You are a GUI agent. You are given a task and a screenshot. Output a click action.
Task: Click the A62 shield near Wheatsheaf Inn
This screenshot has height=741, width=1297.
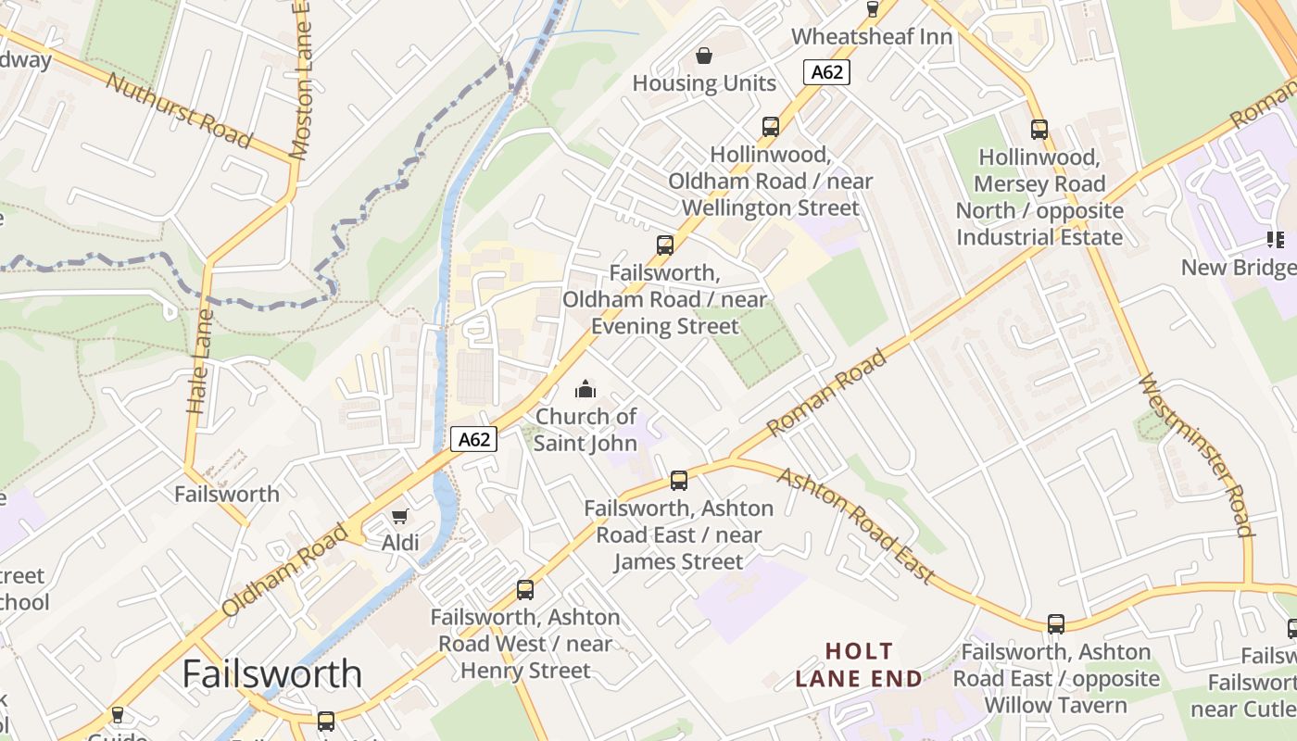point(826,72)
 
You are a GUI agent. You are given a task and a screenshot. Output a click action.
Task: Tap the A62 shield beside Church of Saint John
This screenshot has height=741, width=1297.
point(474,439)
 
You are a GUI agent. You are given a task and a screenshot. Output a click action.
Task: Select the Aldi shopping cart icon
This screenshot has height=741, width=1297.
point(400,516)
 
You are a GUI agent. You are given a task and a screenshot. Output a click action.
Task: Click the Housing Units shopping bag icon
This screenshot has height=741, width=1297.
point(704,56)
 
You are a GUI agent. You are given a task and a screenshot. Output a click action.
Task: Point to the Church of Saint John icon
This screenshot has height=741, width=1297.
point(586,389)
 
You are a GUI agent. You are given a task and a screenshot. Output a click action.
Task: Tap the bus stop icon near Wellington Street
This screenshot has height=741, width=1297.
point(771,127)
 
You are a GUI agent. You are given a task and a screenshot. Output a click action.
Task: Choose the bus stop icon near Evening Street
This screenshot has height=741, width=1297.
point(665,245)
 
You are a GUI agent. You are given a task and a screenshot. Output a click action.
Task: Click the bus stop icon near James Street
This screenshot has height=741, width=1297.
point(679,481)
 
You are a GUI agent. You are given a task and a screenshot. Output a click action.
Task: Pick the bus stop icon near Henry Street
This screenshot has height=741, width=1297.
point(525,590)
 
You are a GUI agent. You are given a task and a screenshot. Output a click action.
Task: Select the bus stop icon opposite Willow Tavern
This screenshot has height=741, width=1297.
point(1056,624)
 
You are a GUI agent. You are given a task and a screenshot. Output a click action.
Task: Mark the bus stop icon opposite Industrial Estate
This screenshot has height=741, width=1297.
point(1039,130)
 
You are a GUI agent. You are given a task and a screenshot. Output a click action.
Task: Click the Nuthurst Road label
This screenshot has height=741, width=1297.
point(179,109)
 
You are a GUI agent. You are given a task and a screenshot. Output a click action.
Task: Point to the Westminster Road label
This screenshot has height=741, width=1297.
point(1196,454)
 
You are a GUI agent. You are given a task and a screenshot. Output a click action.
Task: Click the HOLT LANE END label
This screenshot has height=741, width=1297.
point(859,665)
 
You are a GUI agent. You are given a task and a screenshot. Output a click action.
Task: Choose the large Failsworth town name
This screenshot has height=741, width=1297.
point(271,673)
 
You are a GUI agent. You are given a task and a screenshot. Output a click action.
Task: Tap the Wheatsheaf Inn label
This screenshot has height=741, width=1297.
point(872,37)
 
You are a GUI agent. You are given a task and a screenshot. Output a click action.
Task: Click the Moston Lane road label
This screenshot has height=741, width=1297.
point(300,79)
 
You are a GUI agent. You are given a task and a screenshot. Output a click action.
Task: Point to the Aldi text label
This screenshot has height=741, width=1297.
point(400,543)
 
